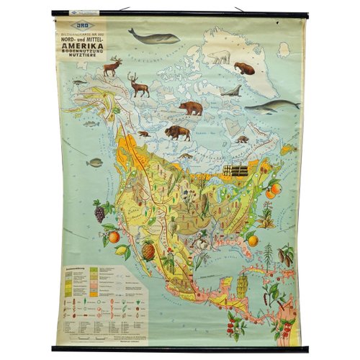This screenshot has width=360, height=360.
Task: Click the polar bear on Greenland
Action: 218,56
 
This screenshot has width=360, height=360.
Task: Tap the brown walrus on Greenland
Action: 245,68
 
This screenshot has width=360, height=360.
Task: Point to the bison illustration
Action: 176,132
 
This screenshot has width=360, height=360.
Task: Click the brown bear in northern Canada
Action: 191,107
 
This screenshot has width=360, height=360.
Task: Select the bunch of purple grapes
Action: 100,212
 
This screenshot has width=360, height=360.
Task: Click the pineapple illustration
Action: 148,250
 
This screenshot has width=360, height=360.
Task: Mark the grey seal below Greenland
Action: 232,91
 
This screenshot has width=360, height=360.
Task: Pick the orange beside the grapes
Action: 114,236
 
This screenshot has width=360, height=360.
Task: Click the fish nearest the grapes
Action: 94,163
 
